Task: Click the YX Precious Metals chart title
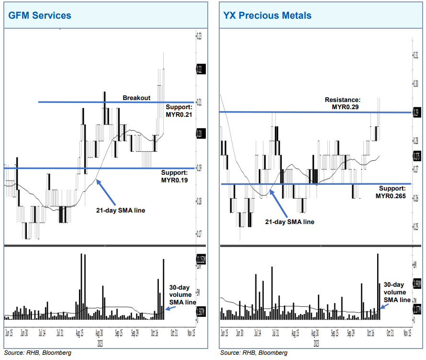(267, 15)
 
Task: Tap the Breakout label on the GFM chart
(136, 98)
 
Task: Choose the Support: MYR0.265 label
(393, 192)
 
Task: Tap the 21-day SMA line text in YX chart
(290, 222)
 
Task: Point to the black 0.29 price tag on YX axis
(416, 113)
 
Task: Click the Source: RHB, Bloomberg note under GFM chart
(37, 353)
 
